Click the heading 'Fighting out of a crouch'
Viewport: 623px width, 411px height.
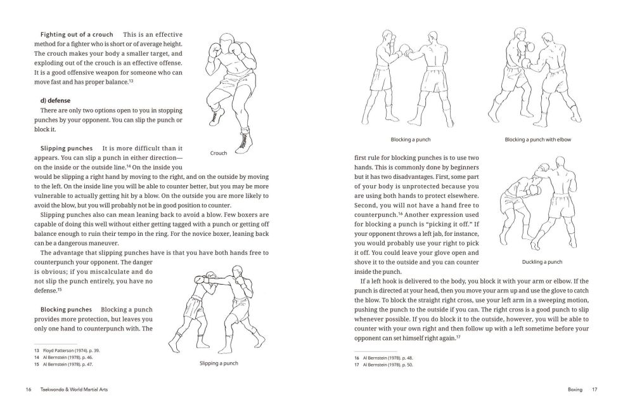click(76, 34)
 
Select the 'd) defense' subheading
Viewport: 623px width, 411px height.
click(55, 100)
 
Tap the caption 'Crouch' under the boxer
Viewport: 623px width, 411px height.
click(218, 153)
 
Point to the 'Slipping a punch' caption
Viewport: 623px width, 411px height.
click(219, 363)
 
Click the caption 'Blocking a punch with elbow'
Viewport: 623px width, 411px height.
click(537, 140)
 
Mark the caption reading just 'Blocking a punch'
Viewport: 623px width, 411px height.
click(411, 140)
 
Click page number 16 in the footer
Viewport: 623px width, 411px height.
click(29, 389)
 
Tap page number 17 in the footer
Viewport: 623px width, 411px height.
click(594, 389)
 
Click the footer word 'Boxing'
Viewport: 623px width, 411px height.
click(575, 389)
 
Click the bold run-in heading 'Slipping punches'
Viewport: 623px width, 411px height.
click(66, 148)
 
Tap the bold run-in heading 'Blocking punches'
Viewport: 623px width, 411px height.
click(66, 310)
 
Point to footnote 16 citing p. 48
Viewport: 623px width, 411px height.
click(384, 358)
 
